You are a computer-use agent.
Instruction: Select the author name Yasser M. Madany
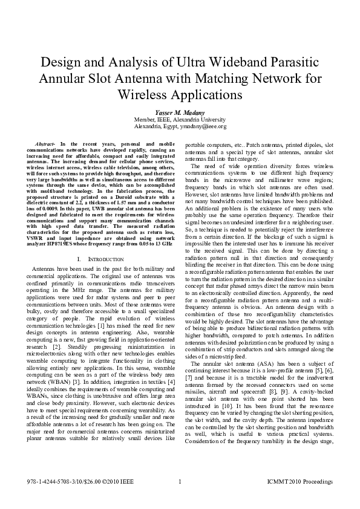[x=180, y=112]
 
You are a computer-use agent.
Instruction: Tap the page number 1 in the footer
[x=180, y=482]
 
